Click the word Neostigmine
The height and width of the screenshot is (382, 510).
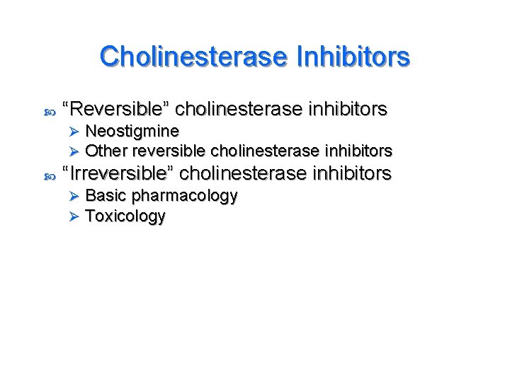pyautogui.click(x=132, y=131)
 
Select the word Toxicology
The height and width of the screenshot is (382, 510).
pyautogui.click(x=125, y=216)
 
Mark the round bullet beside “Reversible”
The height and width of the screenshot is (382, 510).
pyautogui.click(x=49, y=111)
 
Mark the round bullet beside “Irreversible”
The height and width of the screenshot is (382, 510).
pyautogui.click(x=49, y=174)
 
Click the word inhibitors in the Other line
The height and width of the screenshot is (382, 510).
pyautogui.click(x=358, y=151)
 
